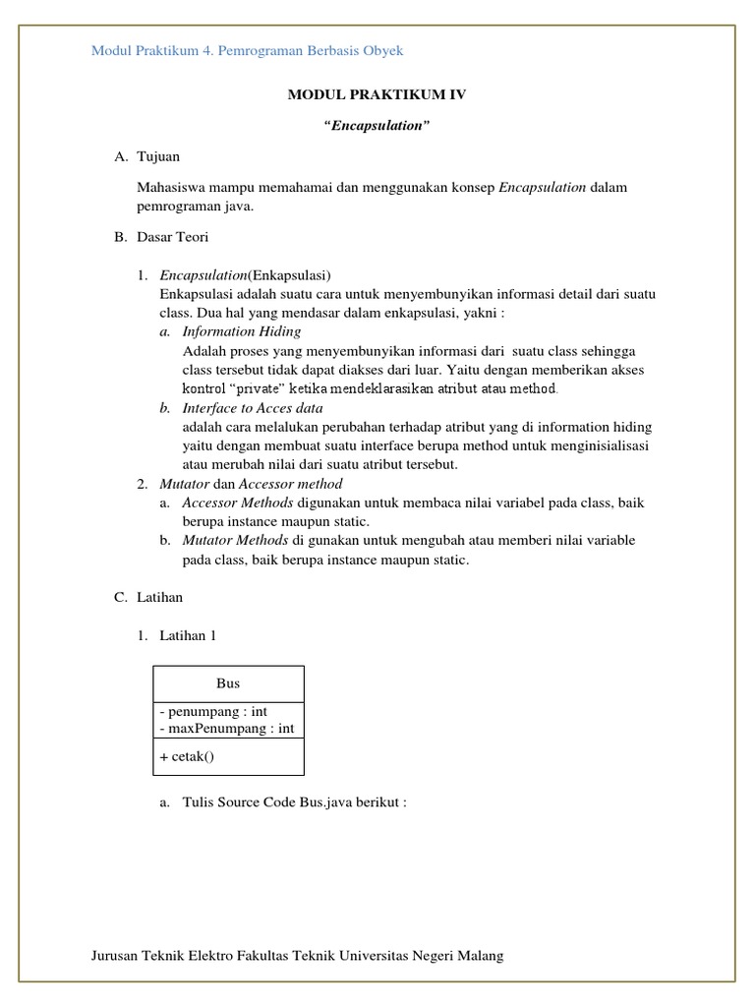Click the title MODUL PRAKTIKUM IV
[377, 94]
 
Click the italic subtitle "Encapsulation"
[377, 126]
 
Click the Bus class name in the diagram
[228, 683]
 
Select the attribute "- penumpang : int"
[212, 711]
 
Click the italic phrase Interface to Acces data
[253, 408]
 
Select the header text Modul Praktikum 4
[153, 50]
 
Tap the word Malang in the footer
[481, 956]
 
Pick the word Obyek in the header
[383, 50]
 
